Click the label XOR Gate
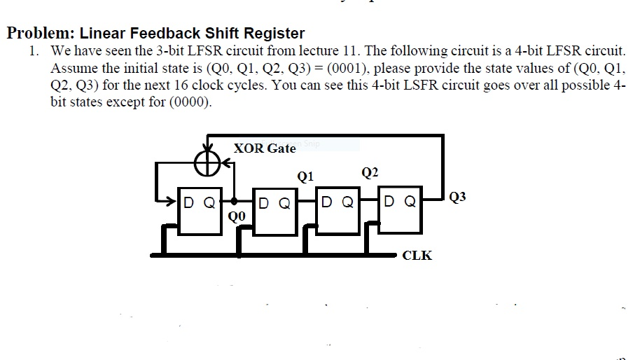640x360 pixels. (265, 148)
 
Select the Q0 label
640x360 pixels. (237, 216)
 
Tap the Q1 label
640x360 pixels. (305, 176)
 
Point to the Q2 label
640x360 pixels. (370, 172)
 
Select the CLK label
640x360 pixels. (417, 256)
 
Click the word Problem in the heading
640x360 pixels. (41, 33)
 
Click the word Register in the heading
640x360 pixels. (272, 33)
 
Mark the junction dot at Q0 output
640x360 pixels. (234, 201)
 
